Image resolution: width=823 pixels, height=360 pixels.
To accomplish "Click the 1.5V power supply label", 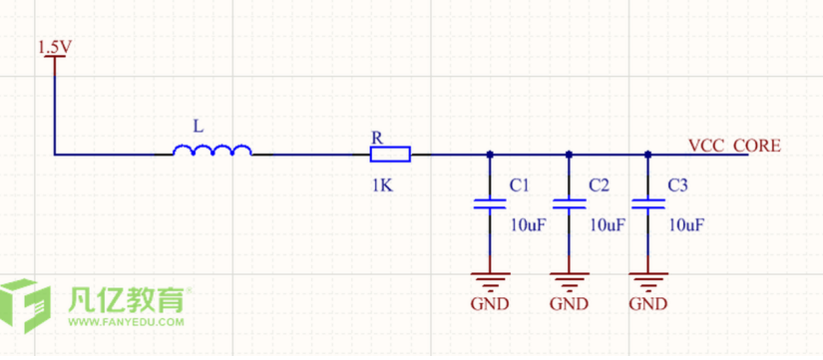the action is click(55, 48).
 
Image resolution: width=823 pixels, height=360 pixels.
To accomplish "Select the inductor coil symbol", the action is click(212, 151).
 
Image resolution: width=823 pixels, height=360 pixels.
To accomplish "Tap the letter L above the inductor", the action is click(198, 126).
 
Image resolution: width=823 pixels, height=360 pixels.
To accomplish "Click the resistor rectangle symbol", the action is click(390, 155).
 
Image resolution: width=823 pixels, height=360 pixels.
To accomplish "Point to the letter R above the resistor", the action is click(377, 138).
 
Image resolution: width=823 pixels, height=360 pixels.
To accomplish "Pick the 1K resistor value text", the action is click(382, 185).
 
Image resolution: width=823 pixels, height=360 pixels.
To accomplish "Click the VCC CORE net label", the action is click(734, 146).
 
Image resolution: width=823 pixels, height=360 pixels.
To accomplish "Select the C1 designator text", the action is click(519, 185).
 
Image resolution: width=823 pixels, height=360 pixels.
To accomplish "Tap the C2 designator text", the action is click(599, 185).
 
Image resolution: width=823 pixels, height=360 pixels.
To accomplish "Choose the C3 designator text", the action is click(677, 185).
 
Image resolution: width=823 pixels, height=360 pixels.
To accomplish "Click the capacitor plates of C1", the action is click(490, 203).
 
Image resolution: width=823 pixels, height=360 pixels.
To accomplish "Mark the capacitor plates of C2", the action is click(569, 203).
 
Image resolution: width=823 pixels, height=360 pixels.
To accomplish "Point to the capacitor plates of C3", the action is click(648, 203).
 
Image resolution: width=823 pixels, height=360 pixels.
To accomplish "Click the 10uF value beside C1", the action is click(529, 225).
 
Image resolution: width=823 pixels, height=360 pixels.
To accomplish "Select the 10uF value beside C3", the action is click(686, 225).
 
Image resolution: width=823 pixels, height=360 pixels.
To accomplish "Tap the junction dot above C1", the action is click(490, 155).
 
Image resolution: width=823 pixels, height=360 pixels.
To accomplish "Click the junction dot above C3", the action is click(648, 155).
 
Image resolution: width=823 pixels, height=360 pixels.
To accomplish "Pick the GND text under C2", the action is click(569, 304).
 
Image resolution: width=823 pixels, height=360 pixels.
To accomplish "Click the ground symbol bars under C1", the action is click(490, 282).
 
